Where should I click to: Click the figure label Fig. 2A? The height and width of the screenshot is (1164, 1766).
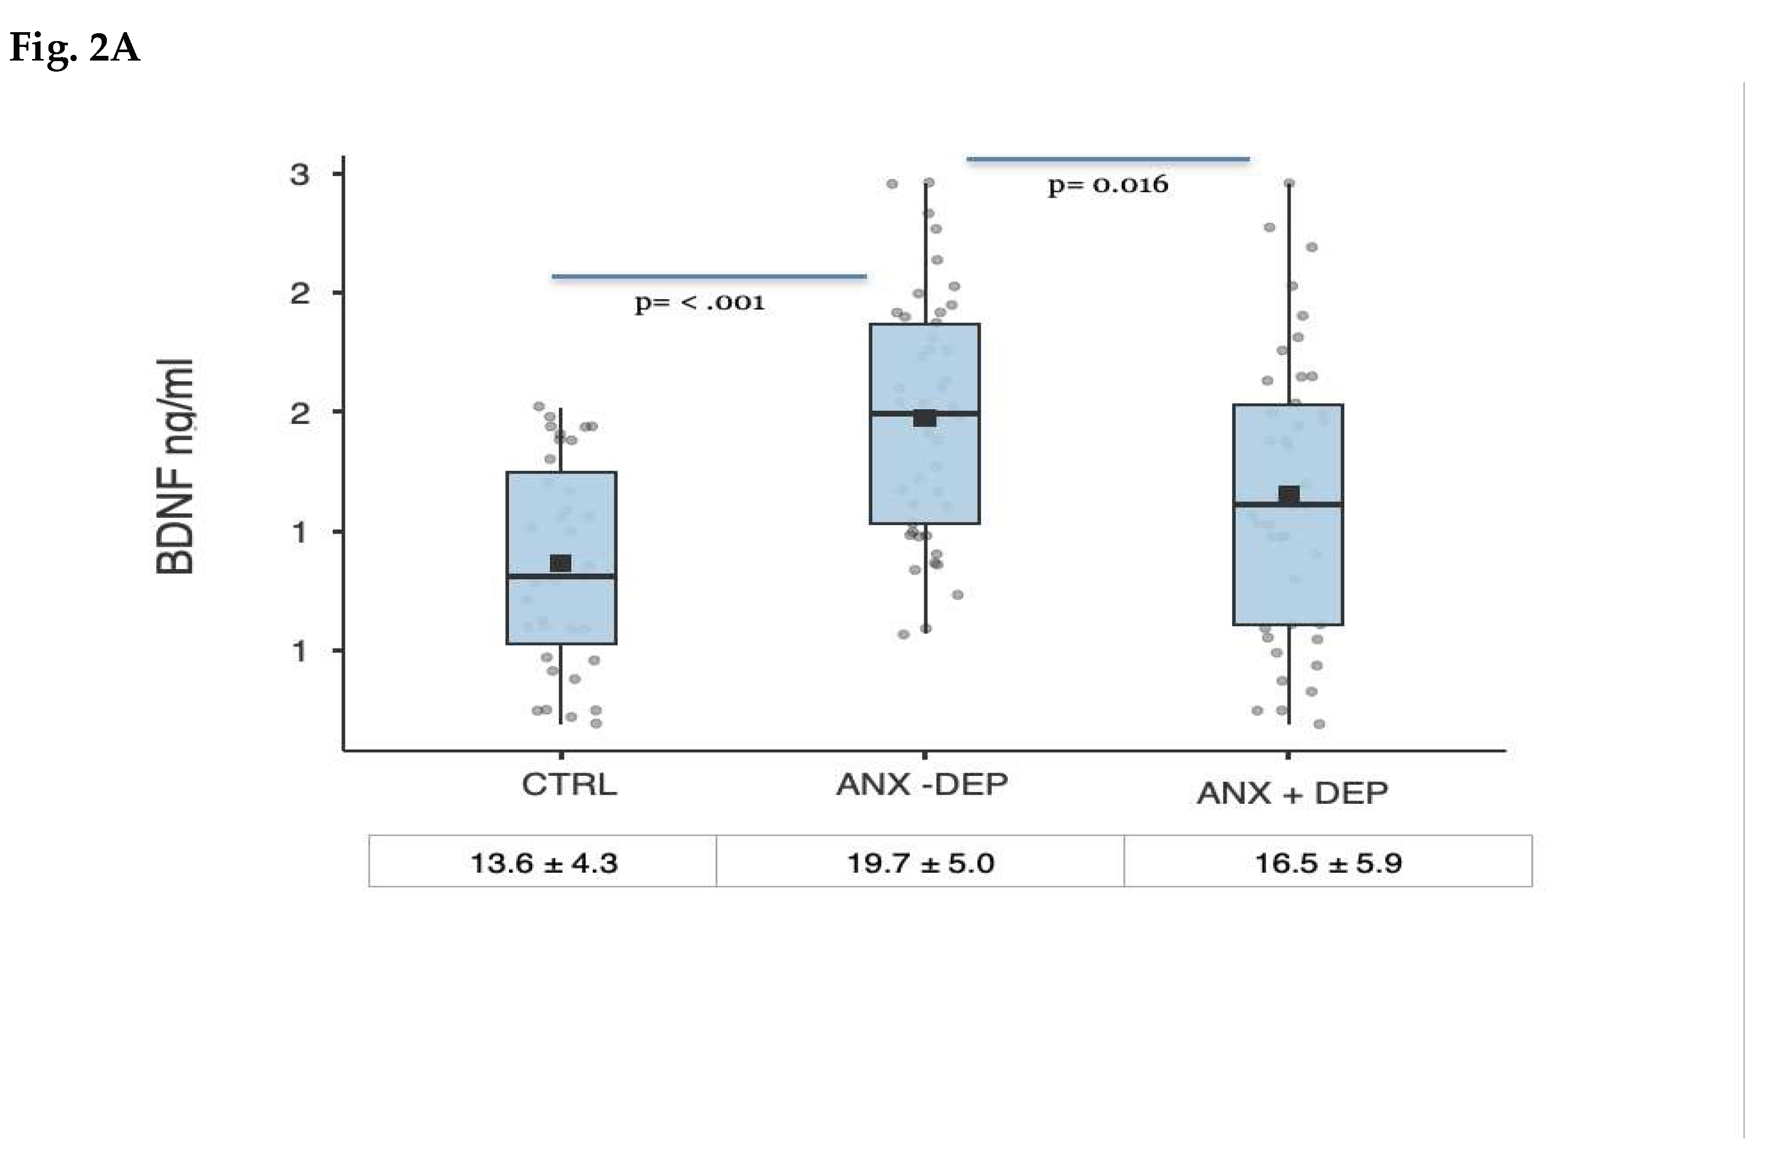coord(74,49)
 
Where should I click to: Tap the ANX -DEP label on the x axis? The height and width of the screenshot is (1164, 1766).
coord(922,784)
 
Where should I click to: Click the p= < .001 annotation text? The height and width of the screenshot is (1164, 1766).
coord(699,303)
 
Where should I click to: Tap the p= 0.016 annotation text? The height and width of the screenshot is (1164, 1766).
coord(1108,185)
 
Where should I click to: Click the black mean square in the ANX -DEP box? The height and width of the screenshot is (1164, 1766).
coord(924,418)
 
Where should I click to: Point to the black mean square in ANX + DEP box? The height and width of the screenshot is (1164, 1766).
coord(1289,495)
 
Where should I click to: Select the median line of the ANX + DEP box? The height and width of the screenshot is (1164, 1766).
coord(1288,504)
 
